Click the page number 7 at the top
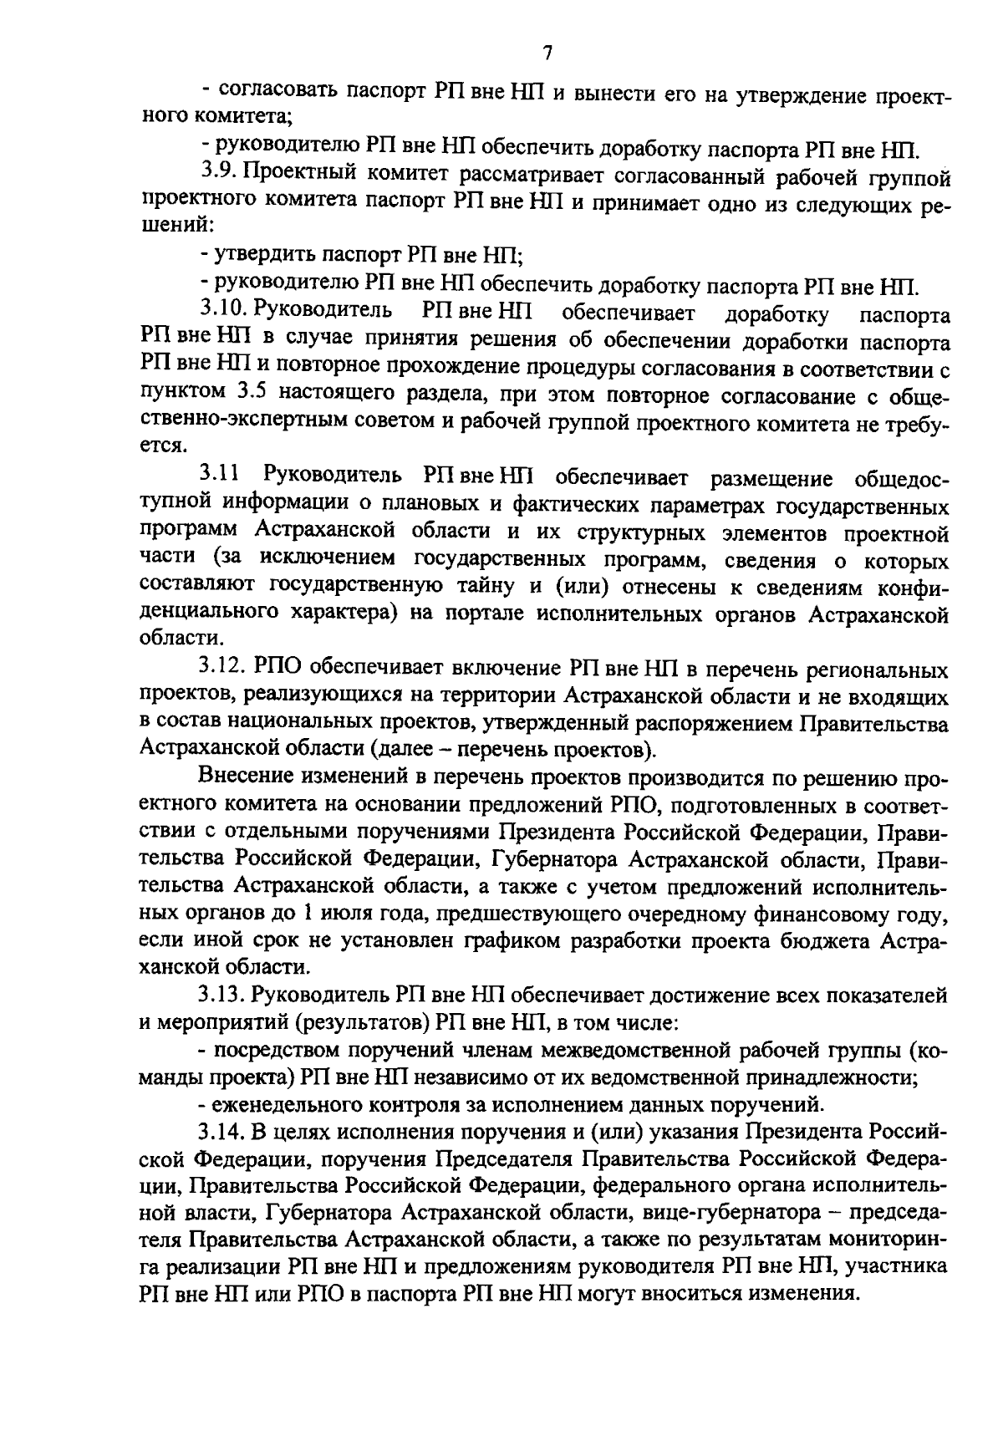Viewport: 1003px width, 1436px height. coord(547,53)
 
